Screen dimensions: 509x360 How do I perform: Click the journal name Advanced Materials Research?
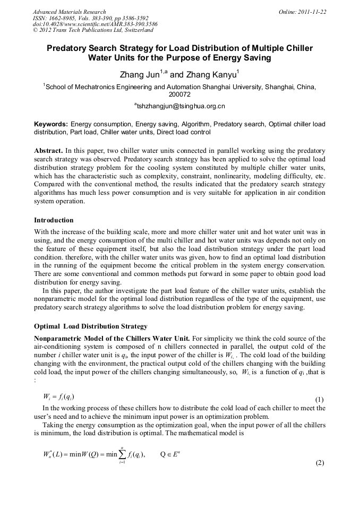click(x=69, y=12)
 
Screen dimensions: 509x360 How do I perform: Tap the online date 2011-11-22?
click(x=312, y=12)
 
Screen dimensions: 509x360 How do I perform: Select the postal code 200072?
click(x=179, y=94)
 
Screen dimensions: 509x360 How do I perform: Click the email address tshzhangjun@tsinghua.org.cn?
click(x=180, y=106)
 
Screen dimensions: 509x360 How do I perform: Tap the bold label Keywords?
click(x=51, y=124)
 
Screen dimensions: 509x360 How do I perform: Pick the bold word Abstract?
click(x=49, y=150)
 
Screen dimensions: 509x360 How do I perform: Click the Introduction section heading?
click(x=54, y=220)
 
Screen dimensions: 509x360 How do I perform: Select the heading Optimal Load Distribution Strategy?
click(x=91, y=326)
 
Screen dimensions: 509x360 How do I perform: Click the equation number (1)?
click(x=319, y=399)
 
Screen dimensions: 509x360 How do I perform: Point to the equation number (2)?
click(x=319, y=463)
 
